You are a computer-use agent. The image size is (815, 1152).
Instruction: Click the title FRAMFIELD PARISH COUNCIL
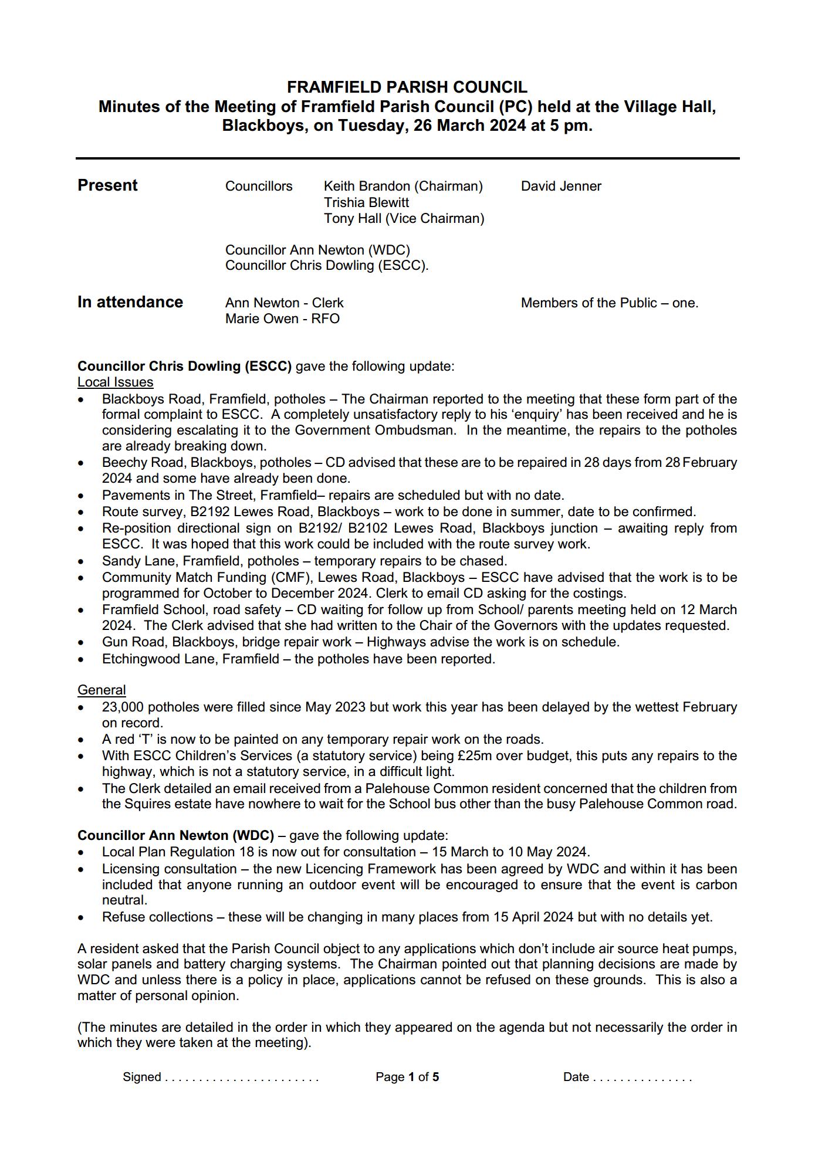407,87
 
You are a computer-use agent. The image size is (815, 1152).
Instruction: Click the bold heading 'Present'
107,185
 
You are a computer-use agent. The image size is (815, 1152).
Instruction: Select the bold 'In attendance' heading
130,302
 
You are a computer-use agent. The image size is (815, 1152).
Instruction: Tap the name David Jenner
561,186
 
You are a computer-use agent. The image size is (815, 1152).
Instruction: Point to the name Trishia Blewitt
366,202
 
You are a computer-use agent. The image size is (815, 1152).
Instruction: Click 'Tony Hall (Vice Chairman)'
404,218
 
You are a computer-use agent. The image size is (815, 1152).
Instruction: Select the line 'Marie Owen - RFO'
282,319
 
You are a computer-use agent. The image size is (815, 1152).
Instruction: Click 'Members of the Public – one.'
609,303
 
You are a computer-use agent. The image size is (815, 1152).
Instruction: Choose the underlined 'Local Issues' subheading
115,382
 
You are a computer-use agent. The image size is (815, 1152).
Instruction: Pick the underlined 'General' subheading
102,690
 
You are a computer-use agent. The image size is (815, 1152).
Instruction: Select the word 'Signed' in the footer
141,1077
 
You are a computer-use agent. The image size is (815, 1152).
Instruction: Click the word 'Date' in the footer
576,1077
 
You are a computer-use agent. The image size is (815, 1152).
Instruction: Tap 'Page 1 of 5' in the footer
407,1077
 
